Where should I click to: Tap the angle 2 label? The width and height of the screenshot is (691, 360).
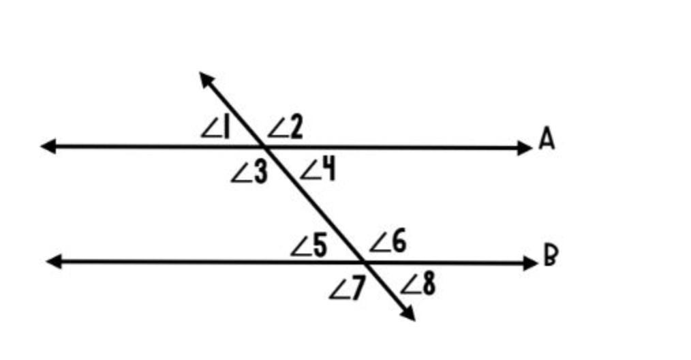286,127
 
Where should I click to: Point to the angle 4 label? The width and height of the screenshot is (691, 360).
318,169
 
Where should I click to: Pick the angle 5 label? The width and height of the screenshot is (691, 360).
309,246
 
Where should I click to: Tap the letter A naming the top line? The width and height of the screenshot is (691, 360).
547,139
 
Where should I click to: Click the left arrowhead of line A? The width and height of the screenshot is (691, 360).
48,146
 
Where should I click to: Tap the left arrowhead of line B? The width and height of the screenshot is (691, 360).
54,261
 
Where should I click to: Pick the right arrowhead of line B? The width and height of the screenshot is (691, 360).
530,262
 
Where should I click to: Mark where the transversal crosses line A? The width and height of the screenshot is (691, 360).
263,147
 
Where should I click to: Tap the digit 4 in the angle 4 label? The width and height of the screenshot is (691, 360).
328,169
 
